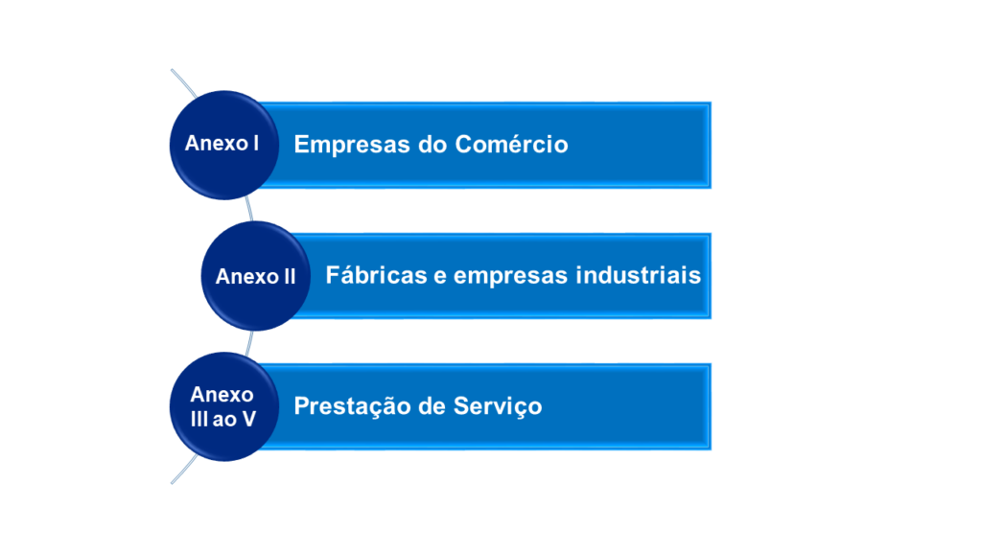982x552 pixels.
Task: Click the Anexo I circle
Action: coord(223,145)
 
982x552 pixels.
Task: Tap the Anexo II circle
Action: coord(255,276)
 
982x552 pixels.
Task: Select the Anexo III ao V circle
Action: coord(223,406)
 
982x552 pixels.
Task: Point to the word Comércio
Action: coord(511,144)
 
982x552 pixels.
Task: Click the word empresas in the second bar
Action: coord(511,276)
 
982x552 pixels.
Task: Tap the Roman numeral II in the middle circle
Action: coord(288,277)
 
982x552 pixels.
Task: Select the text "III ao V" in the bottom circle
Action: coord(222,419)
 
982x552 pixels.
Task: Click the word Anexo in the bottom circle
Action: coord(222,395)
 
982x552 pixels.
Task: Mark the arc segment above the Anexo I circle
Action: coord(185,82)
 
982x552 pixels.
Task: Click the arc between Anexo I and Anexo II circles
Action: coord(249,208)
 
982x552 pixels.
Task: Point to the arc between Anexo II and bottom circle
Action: coord(250,342)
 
